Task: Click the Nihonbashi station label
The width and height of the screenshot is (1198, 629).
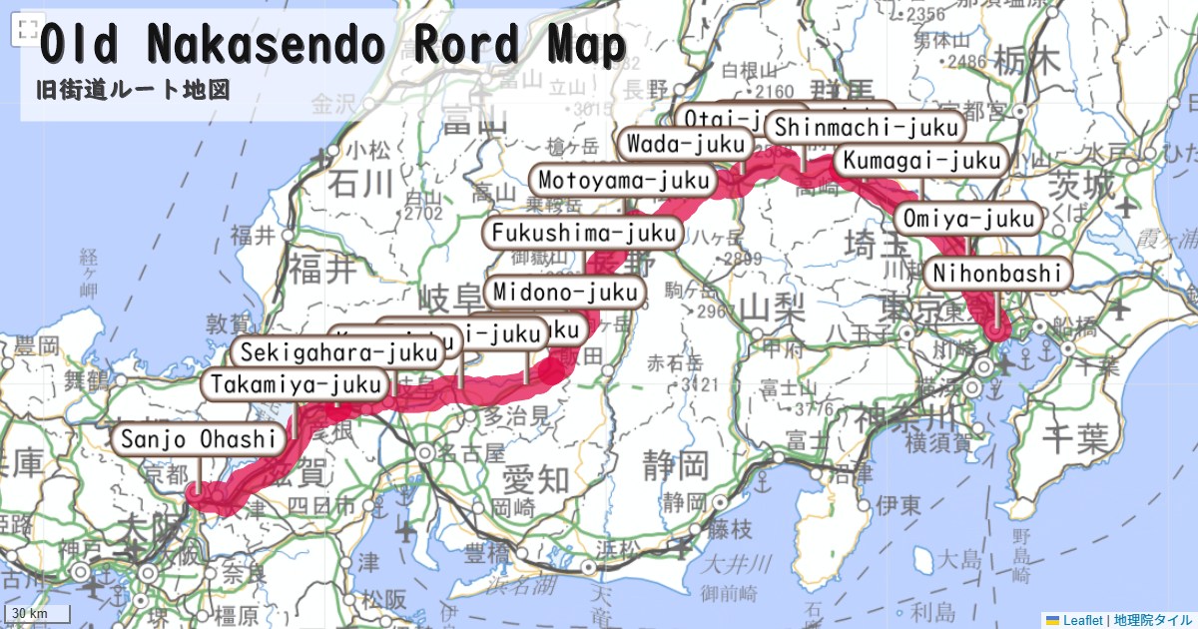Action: (x=998, y=273)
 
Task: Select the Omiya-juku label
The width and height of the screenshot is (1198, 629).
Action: (x=969, y=218)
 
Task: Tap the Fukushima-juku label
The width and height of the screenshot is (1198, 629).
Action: (x=584, y=234)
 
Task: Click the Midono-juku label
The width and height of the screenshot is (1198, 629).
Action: (x=565, y=293)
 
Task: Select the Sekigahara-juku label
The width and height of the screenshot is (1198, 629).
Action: (x=338, y=351)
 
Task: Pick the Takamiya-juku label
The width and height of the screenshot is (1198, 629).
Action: (x=296, y=384)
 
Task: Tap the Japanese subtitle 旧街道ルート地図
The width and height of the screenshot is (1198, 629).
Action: (x=133, y=90)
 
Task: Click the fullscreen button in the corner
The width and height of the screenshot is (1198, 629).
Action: (x=28, y=30)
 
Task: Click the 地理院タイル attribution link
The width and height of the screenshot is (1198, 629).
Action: (x=1152, y=619)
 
